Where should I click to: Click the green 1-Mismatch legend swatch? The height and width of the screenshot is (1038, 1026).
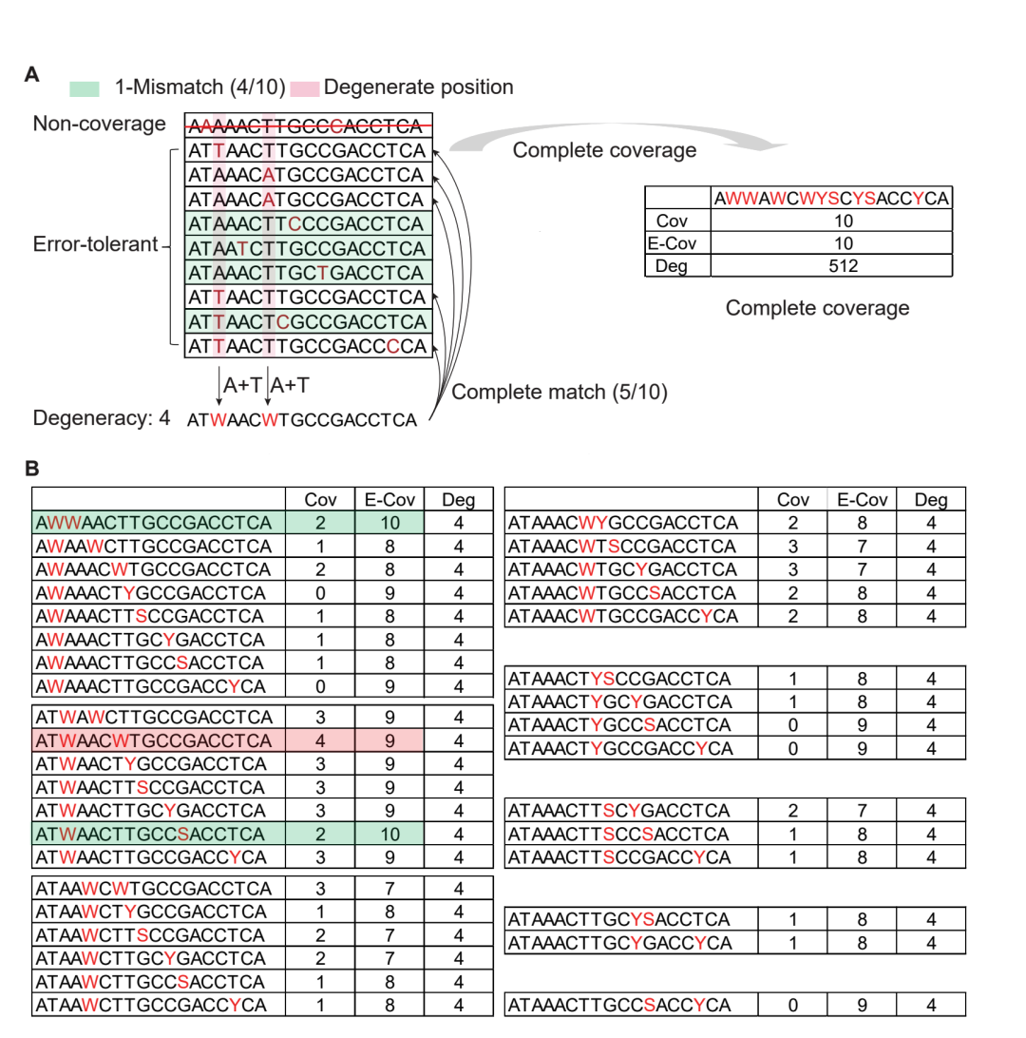coord(85,87)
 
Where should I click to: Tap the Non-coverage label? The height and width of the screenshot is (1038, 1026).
coord(100,125)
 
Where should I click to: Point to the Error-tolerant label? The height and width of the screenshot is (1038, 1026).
coord(94,244)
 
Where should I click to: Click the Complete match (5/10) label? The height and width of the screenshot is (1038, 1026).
coord(560,392)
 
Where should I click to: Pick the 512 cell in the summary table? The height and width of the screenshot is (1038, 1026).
coord(830,266)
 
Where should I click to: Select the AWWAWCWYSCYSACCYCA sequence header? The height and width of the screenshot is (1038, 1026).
coord(831,198)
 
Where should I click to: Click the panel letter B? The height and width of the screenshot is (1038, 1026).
coord(31,469)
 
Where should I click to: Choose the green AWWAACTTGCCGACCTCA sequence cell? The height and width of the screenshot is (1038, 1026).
coord(159,522)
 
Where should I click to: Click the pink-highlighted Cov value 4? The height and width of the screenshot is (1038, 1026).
coord(320,740)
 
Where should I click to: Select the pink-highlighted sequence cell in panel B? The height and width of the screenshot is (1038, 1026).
coord(159,740)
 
